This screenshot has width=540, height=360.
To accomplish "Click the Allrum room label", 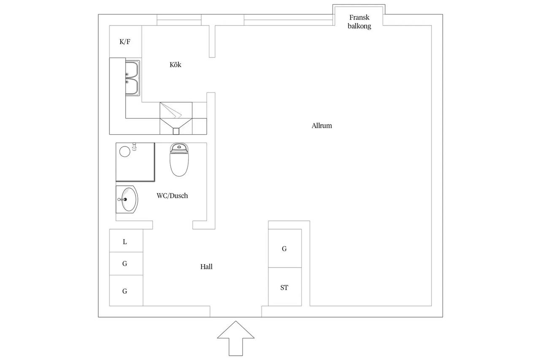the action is [x=321, y=126].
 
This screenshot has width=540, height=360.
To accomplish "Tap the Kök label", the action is [x=175, y=65].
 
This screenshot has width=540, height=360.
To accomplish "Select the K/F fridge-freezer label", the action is [x=125, y=42].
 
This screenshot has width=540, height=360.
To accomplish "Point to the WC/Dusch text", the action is [x=172, y=195].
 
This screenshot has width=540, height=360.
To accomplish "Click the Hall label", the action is [x=206, y=266].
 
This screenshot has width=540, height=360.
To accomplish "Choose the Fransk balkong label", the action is [x=359, y=22].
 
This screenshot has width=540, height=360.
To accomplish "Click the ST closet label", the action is [x=284, y=287].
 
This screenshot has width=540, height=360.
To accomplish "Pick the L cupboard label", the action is [x=124, y=241].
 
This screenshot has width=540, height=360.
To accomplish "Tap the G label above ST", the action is [x=284, y=249].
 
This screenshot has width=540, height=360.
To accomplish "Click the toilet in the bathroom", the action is [x=179, y=160].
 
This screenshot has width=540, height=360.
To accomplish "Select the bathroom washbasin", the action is [x=127, y=199].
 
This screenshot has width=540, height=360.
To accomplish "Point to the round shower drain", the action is [x=125, y=152].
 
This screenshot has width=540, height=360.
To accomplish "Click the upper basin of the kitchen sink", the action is [x=132, y=70].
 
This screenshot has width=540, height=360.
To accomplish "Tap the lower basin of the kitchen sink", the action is [x=132, y=87].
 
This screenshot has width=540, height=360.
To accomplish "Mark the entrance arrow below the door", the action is [x=236, y=338].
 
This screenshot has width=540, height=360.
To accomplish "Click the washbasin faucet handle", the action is [x=122, y=199].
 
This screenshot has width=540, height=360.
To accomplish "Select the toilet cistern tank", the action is [x=179, y=148].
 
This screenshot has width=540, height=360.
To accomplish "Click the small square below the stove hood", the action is [x=176, y=131].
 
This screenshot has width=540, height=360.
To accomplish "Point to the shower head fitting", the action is [x=134, y=146].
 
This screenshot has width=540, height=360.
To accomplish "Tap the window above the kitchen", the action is [x=179, y=20].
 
